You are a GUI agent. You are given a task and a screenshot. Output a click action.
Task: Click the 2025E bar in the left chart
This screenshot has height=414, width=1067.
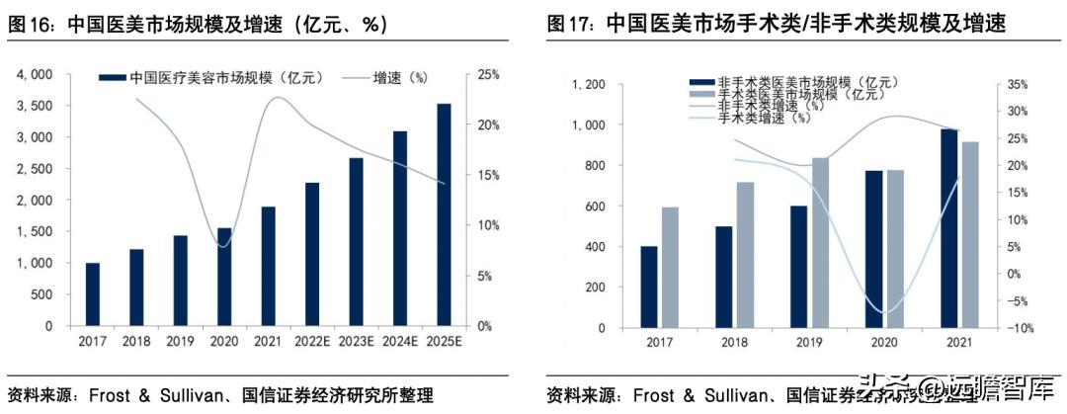444,215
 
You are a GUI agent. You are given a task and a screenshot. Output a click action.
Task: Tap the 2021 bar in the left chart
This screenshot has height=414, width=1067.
268,267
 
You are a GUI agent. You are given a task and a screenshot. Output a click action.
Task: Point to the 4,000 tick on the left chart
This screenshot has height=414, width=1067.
36,74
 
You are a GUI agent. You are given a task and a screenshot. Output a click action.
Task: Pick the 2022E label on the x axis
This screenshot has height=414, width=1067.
312,342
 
